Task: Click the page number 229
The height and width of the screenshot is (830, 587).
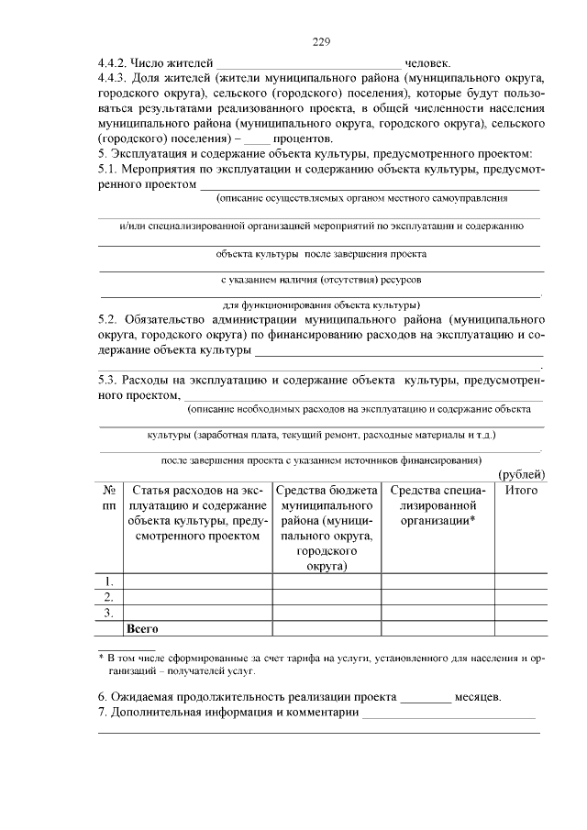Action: tap(320, 42)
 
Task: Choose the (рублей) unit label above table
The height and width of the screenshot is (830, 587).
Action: tap(521, 473)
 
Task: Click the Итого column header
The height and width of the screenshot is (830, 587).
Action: tap(521, 491)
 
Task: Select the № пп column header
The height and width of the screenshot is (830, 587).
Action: tap(109, 498)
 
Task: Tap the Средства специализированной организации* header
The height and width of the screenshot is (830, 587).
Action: tap(437, 505)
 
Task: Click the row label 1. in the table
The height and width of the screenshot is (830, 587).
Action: tap(109, 581)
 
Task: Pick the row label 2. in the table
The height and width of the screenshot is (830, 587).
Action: tap(109, 596)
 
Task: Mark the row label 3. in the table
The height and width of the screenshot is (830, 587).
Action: tap(109, 612)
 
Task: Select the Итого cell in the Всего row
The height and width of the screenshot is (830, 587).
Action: tap(521, 628)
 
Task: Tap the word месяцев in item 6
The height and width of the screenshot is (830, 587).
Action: tap(479, 696)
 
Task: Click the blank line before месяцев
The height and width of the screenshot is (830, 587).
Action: tap(426, 698)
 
